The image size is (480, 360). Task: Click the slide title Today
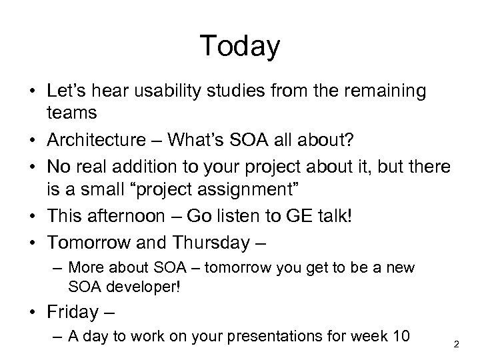239,46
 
